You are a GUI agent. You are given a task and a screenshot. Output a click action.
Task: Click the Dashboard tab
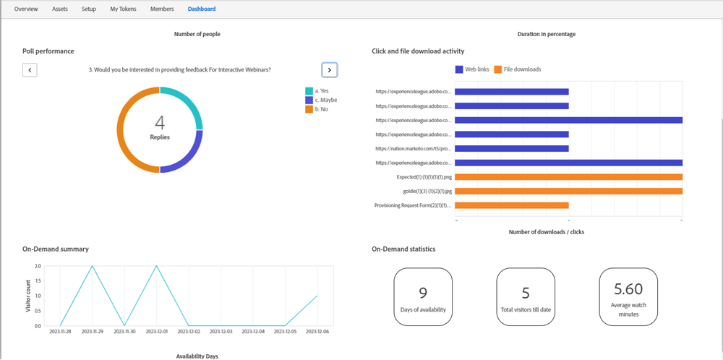pyautogui.click(x=201, y=9)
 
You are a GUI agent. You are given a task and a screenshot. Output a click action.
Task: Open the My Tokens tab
pyautogui.click(x=123, y=9)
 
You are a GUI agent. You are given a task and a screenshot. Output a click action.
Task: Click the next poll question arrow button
pyautogui.click(x=330, y=69)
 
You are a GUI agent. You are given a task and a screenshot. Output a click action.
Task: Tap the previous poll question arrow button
pyautogui.click(x=30, y=69)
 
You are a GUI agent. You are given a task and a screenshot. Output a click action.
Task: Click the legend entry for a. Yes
pyautogui.click(x=318, y=91)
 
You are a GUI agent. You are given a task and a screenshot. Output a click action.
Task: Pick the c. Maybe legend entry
pyautogui.click(x=322, y=100)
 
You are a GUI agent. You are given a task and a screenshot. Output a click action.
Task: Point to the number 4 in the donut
pyautogui.click(x=160, y=122)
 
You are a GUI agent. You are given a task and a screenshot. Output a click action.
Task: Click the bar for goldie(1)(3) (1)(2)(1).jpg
pyautogui.click(x=569, y=191)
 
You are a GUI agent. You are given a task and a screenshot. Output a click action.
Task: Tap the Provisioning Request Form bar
pyautogui.click(x=512, y=205)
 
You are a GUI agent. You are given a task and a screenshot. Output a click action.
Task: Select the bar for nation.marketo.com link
pyautogui.click(x=512, y=148)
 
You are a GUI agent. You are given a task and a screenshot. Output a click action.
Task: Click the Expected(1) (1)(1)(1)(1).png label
pyautogui.click(x=424, y=177)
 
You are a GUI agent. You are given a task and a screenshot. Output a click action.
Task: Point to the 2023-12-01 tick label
pyautogui.click(x=156, y=332)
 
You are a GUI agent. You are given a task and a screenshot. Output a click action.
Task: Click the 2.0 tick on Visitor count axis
pyautogui.click(x=36, y=266)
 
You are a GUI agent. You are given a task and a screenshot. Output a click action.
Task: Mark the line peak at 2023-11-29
pyautogui.click(x=93, y=266)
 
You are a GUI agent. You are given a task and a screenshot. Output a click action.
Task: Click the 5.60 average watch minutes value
pyautogui.click(x=628, y=289)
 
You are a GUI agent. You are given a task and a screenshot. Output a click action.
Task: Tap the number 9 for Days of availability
pyautogui.click(x=423, y=293)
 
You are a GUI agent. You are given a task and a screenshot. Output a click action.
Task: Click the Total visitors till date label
pyautogui.click(x=526, y=309)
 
